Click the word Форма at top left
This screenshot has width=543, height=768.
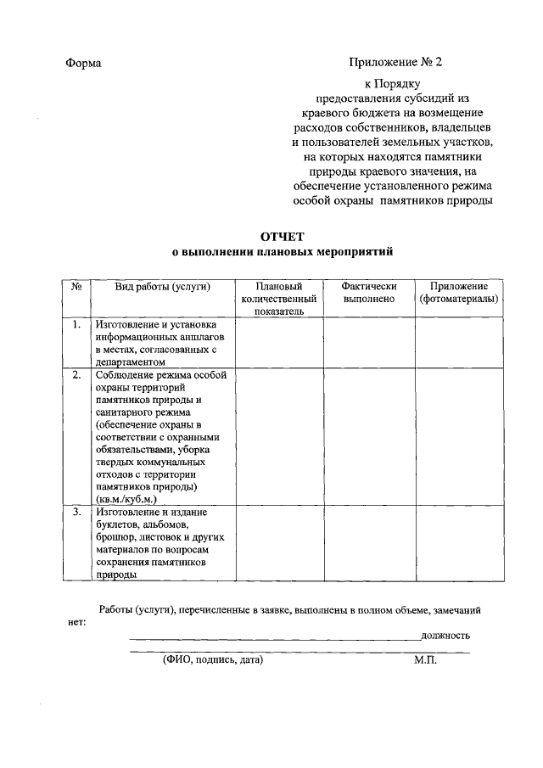pyautogui.click(x=83, y=64)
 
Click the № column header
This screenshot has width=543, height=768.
pyautogui.click(x=76, y=287)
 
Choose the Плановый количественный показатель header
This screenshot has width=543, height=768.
pyautogui.click(x=279, y=299)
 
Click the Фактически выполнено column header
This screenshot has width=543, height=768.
pyautogui.click(x=369, y=293)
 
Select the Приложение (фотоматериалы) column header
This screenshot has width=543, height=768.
pyautogui.click(x=458, y=293)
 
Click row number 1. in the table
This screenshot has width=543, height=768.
pyautogui.click(x=76, y=325)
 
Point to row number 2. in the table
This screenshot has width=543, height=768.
pyautogui.click(x=76, y=375)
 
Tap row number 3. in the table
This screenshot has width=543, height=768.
pyautogui.click(x=76, y=513)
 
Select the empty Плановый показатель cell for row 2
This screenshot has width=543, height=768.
pyautogui.click(x=279, y=436)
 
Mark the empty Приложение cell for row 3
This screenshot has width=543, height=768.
pyautogui.click(x=458, y=543)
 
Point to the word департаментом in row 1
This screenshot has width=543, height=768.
pyautogui.click(x=133, y=361)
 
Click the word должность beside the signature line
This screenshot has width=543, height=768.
pyautogui.click(x=445, y=636)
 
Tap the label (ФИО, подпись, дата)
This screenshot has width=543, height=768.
pyautogui.click(x=213, y=659)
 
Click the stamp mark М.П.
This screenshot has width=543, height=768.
pyautogui.click(x=425, y=659)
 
